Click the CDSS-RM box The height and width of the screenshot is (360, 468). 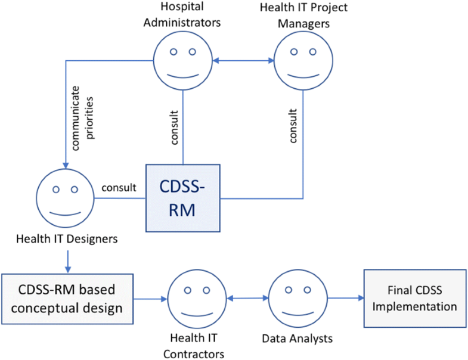183,198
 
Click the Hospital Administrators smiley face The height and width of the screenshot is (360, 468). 182,60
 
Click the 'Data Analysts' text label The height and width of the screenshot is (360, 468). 297,339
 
